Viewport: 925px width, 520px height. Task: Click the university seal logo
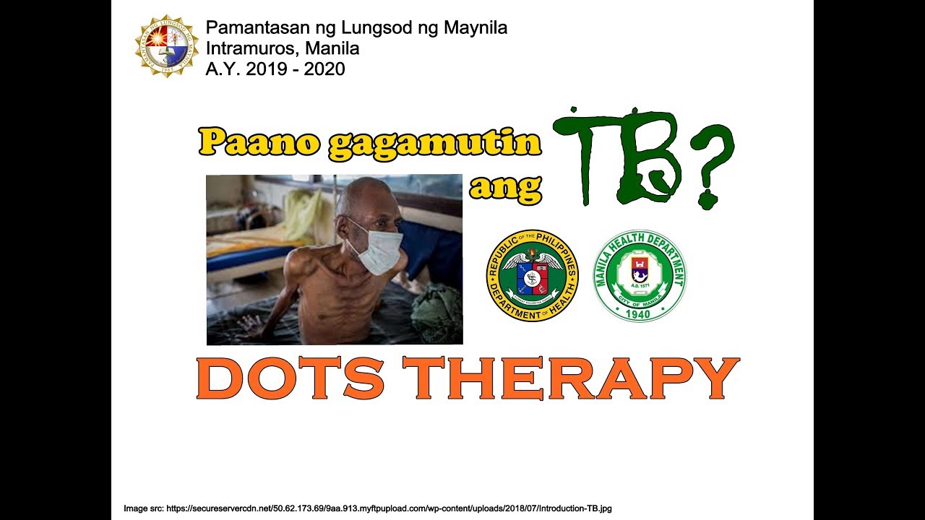(x=167, y=46)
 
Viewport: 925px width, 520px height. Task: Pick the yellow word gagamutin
(x=434, y=143)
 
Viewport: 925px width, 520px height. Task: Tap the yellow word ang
(x=505, y=187)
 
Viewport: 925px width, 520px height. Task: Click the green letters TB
(x=618, y=155)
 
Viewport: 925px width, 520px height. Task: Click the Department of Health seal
(x=533, y=275)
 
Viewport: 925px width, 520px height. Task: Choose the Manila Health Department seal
(x=640, y=275)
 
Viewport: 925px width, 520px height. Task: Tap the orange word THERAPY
(x=570, y=378)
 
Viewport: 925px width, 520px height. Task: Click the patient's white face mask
(x=377, y=250)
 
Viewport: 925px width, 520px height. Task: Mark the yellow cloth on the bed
(x=304, y=213)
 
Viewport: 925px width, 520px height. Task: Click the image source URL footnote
(x=369, y=508)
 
